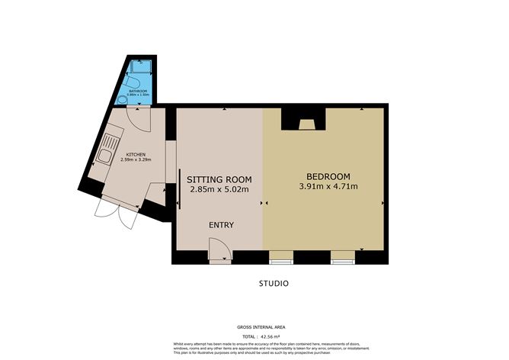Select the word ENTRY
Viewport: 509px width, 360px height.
coord(221,225)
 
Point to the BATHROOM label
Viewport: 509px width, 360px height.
coord(138,90)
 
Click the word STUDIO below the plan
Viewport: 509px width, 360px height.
coord(273,284)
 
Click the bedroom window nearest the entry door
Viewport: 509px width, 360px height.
coord(280,257)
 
